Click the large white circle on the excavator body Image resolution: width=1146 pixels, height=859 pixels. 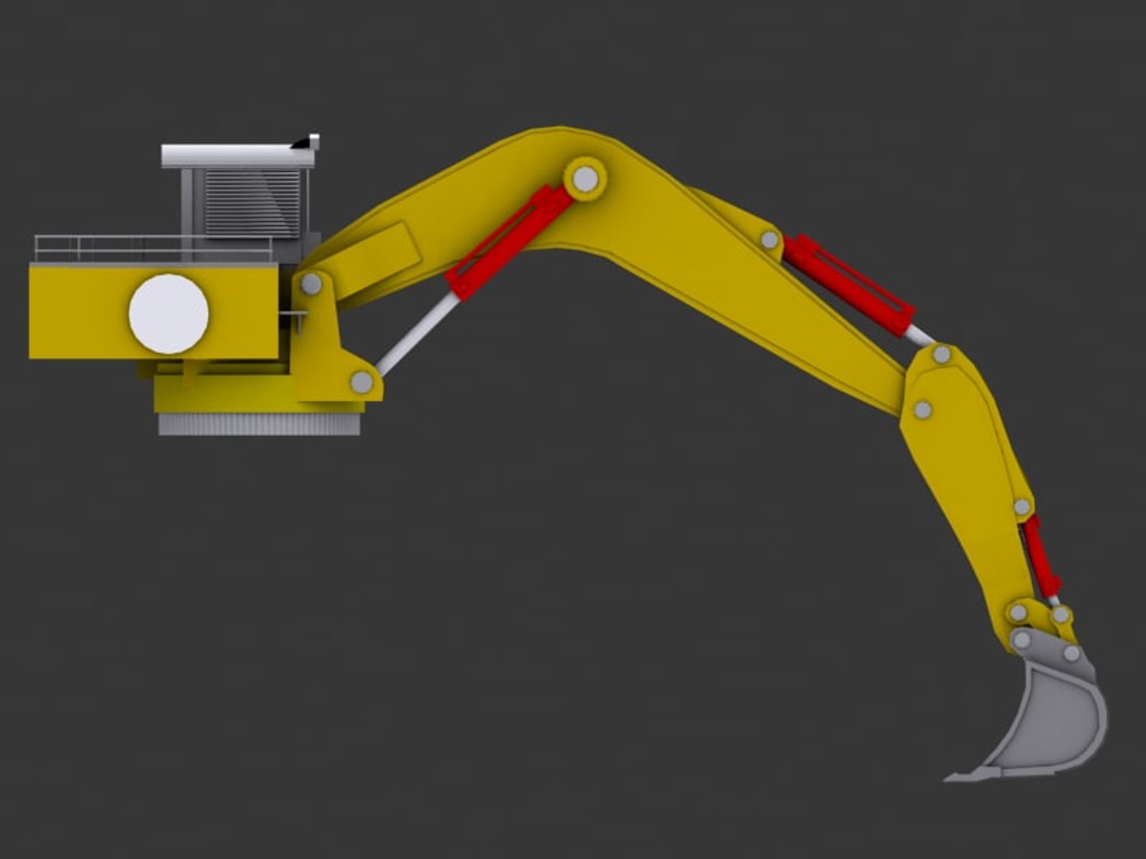pyautogui.click(x=169, y=313)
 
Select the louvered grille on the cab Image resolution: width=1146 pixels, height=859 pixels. pyautogui.click(x=253, y=203)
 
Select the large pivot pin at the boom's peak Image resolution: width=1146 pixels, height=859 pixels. pyautogui.click(x=585, y=179)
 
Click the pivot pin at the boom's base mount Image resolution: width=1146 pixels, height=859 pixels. pyautogui.click(x=311, y=283)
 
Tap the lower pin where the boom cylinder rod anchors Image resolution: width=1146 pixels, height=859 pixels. pyautogui.click(x=362, y=383)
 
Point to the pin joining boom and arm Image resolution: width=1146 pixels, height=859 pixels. pyautogui.click(x=922, y=410)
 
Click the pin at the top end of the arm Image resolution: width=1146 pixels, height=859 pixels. pyautogui.click(x=941, y=354)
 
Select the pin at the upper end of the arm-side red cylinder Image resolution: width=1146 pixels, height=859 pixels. pyautogui.click(x=1022, y=506)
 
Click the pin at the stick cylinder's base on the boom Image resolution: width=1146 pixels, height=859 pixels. pyautogui.click(x=770, y=239)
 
